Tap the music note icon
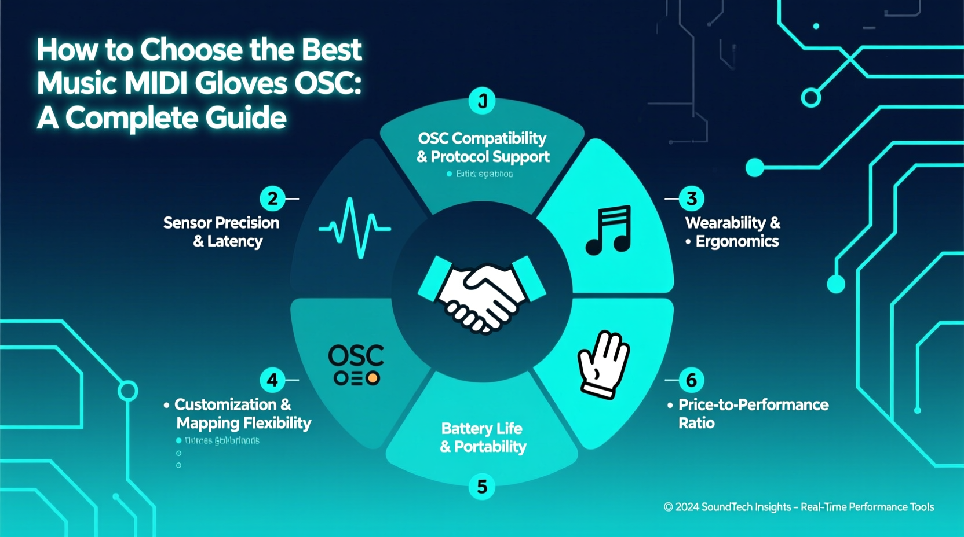click(x=608, y=230)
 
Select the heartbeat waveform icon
click(x=355, y=228)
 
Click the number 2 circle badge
click(x=272, y=198)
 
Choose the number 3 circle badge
click(x=691, y=198)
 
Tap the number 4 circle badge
click(x=272, y=380)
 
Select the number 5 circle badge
click(x=481, y=487)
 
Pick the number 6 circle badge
click(x=691, y=380)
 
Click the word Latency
click(x=235, y=241)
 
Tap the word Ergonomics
click(x=737, y=241)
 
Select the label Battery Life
click(x=481, y=428)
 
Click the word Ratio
click(x=696, y=423)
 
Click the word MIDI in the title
click(x=155, y=83)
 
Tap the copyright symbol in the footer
click(x=668, y=507)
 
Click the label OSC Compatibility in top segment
click(x=482, y=138)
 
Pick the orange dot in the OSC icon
click(x=373, y=378)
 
